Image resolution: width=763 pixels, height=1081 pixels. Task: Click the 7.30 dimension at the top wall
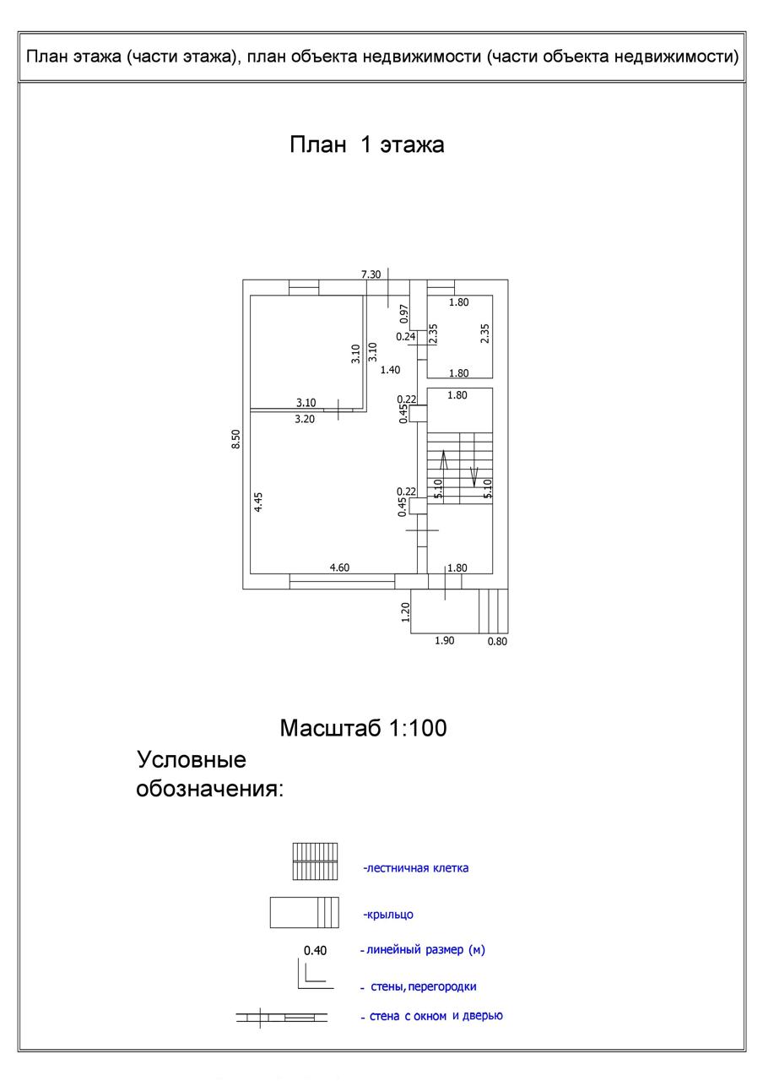(x=371, y=274)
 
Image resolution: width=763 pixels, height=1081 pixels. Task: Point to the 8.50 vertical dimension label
(x=236, y=439)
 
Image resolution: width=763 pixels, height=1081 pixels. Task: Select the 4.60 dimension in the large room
(x=338, y=568)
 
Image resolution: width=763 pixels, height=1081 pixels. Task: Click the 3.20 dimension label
(x=305, y=418)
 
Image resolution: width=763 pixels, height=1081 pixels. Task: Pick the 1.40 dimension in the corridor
(x=390, y=369)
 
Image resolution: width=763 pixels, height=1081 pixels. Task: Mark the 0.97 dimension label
(x=404, y=314)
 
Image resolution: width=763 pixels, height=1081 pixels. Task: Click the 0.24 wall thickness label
(x=406, y=336)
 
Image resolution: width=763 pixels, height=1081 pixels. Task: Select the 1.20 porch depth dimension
(x=405, y=611)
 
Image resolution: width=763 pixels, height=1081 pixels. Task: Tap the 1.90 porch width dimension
(x=444, y=641)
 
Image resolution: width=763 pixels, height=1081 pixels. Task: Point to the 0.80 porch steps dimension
(x=498, y=641)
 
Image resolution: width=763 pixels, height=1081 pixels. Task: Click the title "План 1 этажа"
(x=367, y=144)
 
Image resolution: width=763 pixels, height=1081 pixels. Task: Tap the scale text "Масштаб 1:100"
(x=363, y=727)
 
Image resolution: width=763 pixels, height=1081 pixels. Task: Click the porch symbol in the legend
(x=304, y=913)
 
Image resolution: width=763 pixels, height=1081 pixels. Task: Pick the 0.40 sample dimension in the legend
(x=315, y=950)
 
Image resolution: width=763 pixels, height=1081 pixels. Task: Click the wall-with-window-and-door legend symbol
(x=281, y=1017)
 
